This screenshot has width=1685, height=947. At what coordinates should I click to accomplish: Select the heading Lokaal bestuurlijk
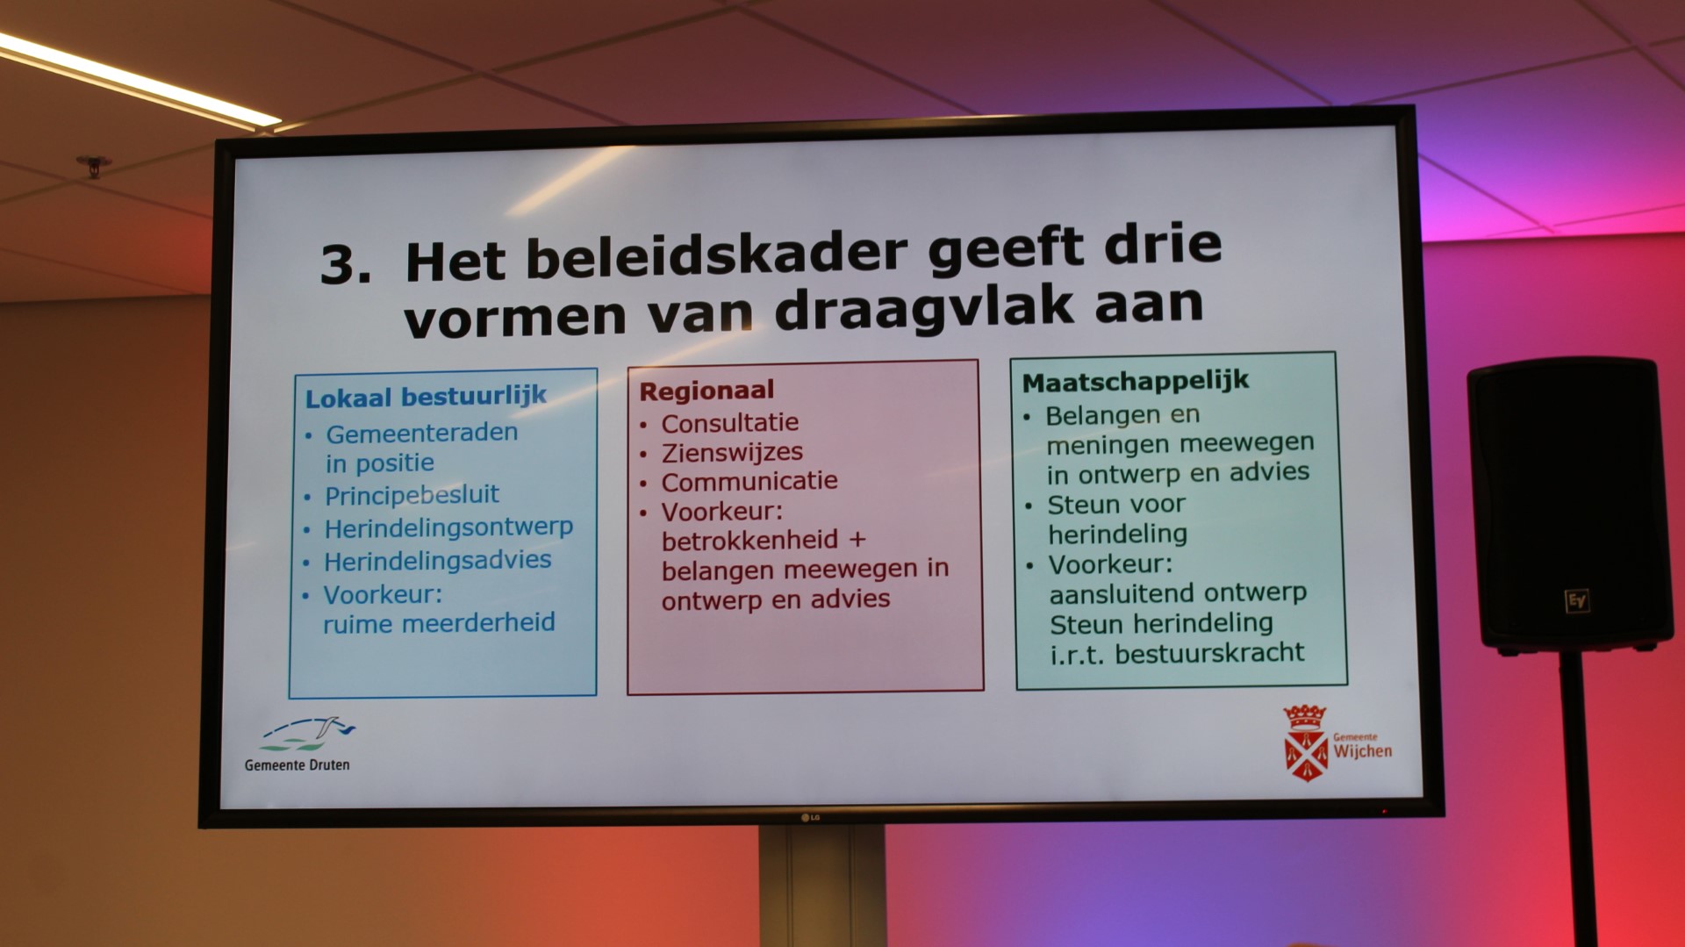(426, 397)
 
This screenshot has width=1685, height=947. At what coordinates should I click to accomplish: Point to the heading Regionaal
(706, 391)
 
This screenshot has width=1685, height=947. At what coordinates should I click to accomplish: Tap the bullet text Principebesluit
(412, 495)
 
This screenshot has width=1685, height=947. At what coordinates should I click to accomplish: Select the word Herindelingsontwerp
(448, 527)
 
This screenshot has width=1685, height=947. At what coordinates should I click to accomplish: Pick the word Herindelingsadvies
(438, 560)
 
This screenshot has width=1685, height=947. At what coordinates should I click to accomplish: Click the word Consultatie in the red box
(730, 423)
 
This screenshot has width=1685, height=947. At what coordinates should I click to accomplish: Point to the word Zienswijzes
(732, 453)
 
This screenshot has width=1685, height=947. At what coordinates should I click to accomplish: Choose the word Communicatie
(749, 481)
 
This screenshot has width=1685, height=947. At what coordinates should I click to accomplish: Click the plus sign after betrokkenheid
(857, 539)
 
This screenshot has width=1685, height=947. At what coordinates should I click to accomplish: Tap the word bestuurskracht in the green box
(1209, 653)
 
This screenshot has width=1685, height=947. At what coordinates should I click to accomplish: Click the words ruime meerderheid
(439, 623)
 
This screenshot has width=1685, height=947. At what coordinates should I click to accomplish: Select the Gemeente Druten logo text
(297, 765)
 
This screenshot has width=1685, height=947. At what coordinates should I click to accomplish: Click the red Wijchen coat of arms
(1306, 743)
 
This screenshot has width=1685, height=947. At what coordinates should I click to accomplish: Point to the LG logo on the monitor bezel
(810, 818)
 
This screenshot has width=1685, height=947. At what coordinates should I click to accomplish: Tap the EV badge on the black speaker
(1577, 601)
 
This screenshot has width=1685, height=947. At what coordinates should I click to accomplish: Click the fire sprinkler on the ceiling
(93, 165)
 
